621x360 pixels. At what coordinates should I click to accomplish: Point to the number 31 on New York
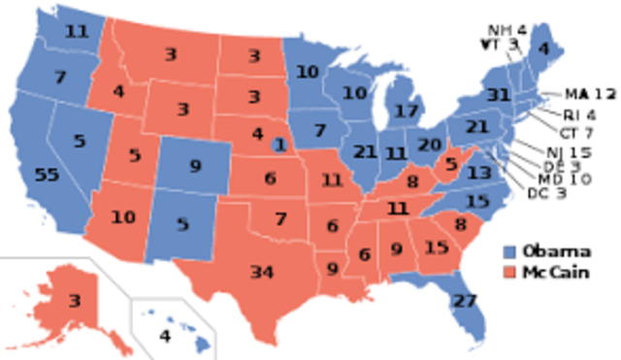500,94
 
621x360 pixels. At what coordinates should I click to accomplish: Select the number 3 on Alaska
74,300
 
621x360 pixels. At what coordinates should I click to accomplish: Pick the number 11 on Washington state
76,30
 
